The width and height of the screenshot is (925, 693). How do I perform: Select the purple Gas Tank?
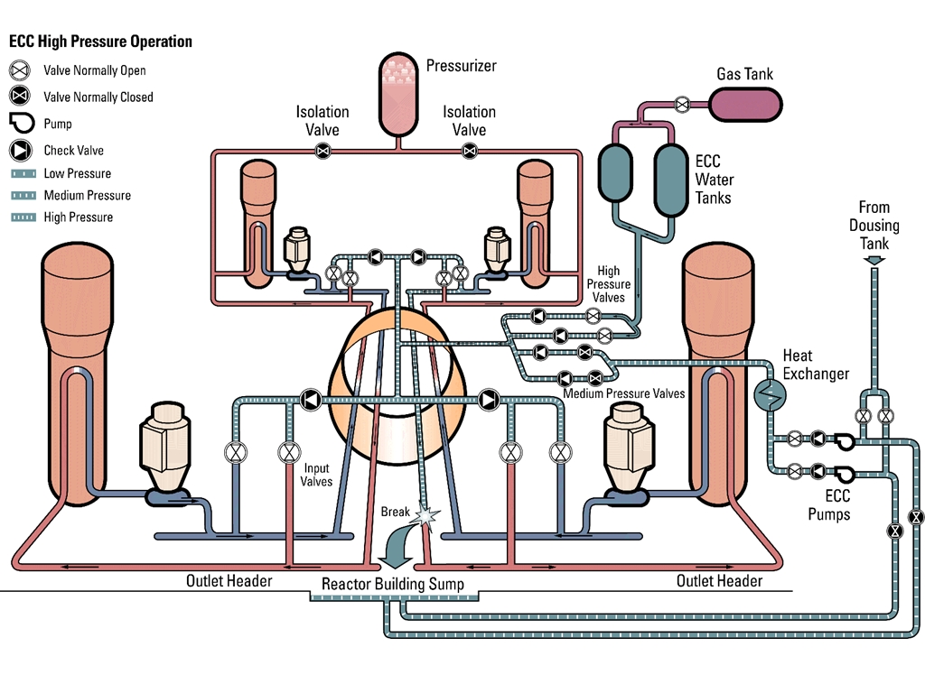click(x=745, y=104)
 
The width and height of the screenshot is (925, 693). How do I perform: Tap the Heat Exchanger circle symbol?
click(x=770, y=393)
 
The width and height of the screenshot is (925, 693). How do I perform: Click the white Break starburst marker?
click(x=425, y=514)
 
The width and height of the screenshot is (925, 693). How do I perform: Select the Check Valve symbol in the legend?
click(x=20, y=150)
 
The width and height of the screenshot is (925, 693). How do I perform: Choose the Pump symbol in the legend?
click(x=20, y=123)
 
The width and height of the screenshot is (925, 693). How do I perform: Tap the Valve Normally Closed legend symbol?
click(x=20, y=97)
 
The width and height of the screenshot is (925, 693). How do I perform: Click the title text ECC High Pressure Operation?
click(x=100, y=42)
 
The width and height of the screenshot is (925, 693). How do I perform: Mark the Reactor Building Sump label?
click(x=393, y=585)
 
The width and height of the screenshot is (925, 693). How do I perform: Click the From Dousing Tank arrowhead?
click(x=874, y=262)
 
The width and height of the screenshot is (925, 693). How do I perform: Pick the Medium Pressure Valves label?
click(x=623, y=393)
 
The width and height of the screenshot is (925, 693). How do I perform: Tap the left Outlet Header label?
click(x=229, y=580)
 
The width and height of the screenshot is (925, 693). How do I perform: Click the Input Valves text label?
click(x=317, y=475)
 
